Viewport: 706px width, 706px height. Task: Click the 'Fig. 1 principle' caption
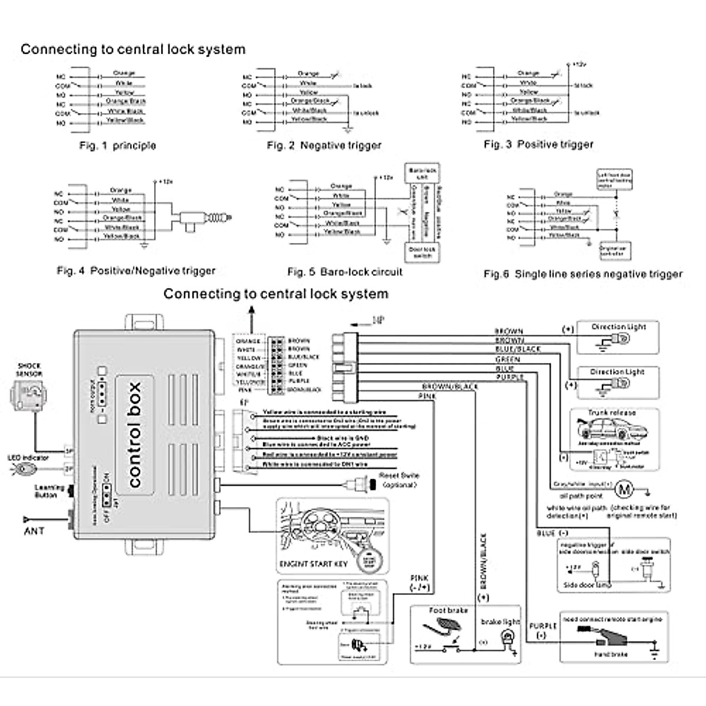tap(118, 145)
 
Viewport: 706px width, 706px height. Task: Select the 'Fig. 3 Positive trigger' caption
tap(538, 144)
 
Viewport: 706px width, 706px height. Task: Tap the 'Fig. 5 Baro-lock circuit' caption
tap(345, 272)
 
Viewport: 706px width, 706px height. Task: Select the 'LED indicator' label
tap(28, 458)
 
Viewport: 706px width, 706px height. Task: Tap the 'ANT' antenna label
tap(34, 531)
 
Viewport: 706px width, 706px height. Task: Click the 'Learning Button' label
tap(46, 491)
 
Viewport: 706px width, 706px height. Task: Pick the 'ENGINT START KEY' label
tap(313, 564)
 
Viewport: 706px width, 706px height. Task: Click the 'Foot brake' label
tap(448, 611)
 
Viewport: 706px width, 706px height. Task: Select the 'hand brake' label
tap(611, 654)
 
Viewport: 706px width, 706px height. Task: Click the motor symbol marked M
tap(625, 489)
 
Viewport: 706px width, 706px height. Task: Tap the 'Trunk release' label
tap(611, 413)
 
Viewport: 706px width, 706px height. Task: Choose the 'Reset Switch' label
tap(399, 475)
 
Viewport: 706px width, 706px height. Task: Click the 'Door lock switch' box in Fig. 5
tap(422, 252)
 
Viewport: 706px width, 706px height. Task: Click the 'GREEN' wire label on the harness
tap(508, 359)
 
